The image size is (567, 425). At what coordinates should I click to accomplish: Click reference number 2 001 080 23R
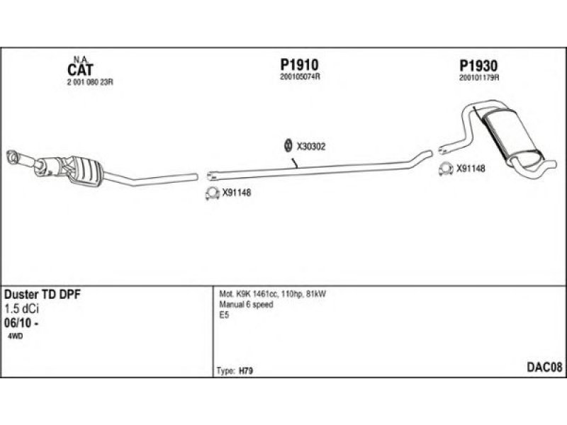point(90,82)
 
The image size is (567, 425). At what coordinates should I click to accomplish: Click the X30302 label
point(311,147)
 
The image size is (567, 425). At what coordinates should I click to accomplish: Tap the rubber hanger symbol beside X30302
point(288,146)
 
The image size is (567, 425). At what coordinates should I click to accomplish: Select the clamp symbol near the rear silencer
point(446,169)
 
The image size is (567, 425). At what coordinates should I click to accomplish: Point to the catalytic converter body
point(78,169)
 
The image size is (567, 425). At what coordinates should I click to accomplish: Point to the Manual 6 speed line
point(246,305)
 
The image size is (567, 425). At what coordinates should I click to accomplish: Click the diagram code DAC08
point(544,366)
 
